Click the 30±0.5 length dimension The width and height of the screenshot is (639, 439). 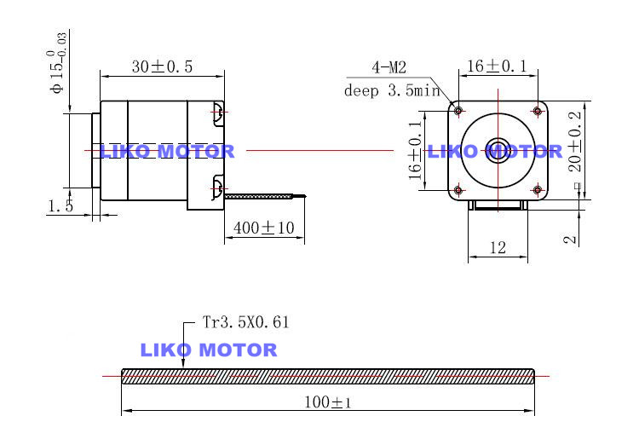(x=162, y=66)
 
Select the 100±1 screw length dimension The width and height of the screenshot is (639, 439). (x=329, y=402)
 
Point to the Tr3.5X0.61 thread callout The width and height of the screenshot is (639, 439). (x=246, y=322)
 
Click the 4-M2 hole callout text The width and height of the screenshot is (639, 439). (x=389, y=67)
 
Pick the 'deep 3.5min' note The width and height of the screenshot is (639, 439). (x=391, y=90)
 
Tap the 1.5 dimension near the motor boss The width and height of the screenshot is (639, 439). (x=60, y=205)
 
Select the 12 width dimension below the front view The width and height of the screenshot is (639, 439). (x=498, y=248)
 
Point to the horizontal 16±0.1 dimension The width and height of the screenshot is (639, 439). (x=498, y=66)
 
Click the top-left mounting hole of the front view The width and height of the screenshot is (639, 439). (x=458, y=111)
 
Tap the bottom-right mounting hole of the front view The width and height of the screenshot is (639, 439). (x=538, y=189)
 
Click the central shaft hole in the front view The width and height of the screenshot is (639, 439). (x=498, y=151)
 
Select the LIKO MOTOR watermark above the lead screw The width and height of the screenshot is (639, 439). (x=208, y=349)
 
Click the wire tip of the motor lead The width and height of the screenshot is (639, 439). (x=302, y=197)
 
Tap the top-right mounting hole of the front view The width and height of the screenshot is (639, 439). (x=538, y=111)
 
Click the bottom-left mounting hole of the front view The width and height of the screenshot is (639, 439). (x=458, y=189)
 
